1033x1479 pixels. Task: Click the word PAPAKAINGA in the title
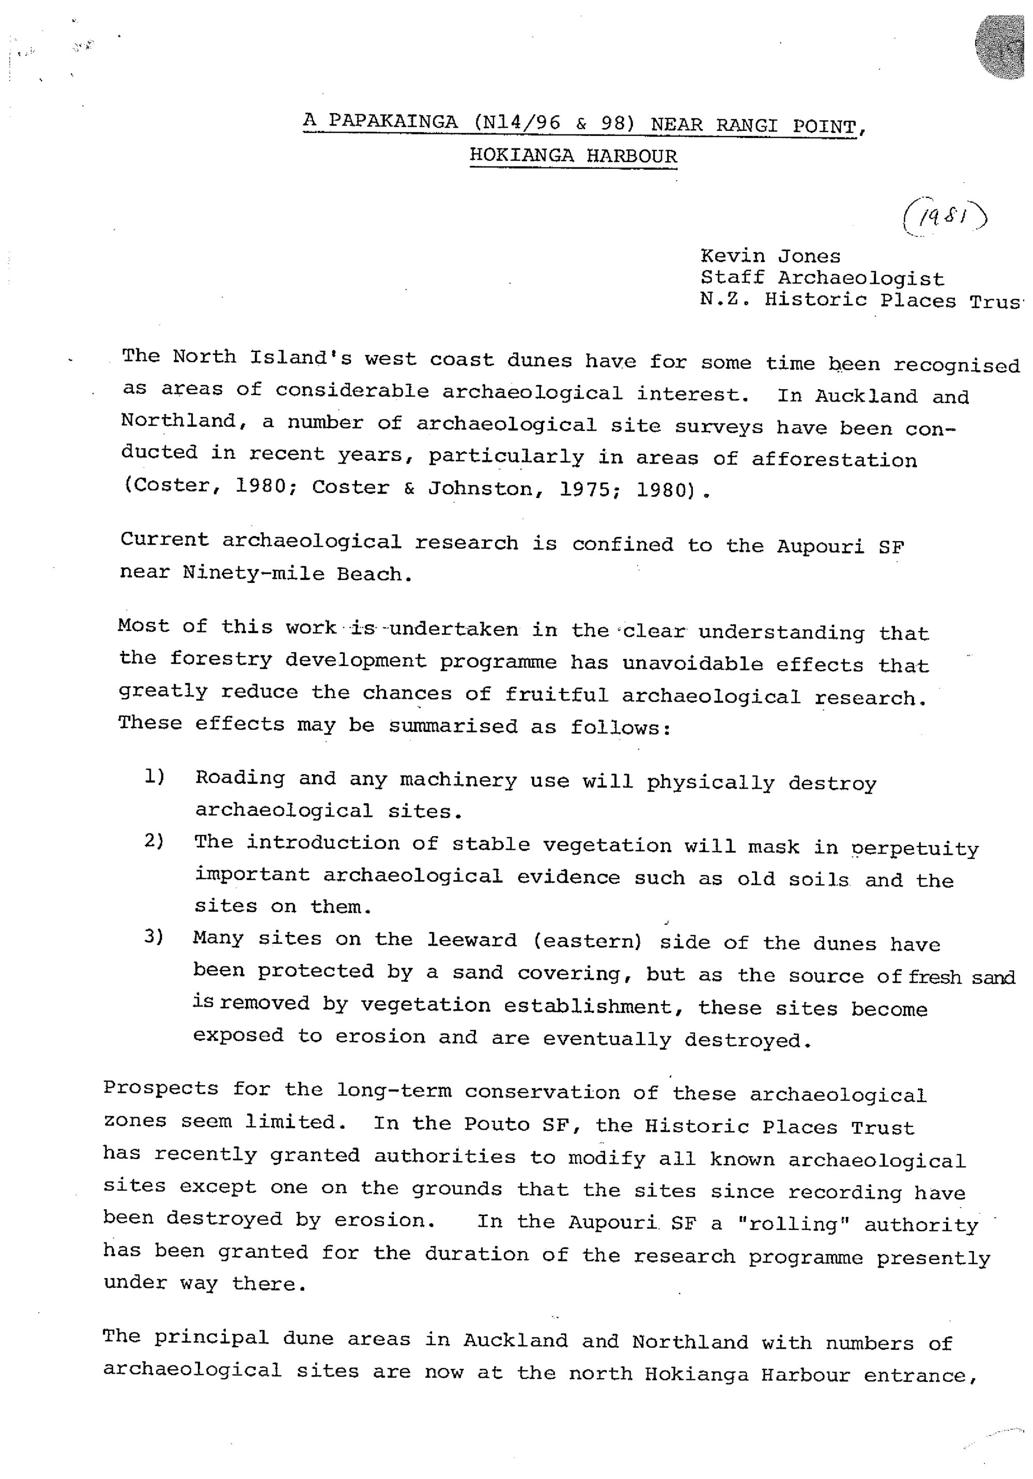[x=393, y=121]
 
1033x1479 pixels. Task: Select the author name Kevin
[x=732, y=256]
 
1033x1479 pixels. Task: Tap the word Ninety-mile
[x=253, y=573]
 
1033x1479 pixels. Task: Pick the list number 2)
[x=155, y=841]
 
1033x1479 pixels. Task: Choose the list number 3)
[x=155, y=936]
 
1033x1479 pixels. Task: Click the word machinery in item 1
[x=458, y=780]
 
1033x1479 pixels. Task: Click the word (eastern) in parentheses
[x=588, y=941]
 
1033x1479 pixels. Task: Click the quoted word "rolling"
[x=792, y=1224]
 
